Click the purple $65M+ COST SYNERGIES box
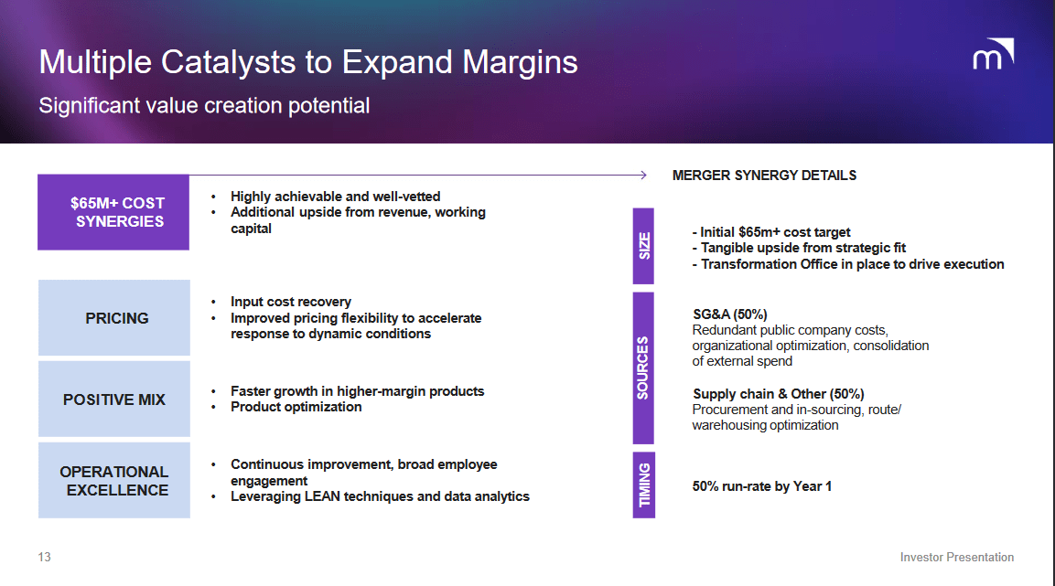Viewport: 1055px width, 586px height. [113, 212]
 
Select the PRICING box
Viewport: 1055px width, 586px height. [114, 318]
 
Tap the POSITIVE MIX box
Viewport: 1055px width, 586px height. [114, 400]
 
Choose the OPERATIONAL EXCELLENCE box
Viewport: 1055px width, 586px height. [114, 481]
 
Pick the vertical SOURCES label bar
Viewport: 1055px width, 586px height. [644, 368]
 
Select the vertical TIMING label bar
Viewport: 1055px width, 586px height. [644, 485]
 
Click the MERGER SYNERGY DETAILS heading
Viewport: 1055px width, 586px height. [764, 176]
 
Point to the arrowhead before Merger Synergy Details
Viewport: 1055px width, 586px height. [642, 175]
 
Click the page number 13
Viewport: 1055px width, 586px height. [45, 557]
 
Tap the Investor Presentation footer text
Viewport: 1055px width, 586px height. [956, 557]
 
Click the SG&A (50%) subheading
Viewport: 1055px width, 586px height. [729, 314]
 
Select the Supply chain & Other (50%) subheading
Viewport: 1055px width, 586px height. [778, 394]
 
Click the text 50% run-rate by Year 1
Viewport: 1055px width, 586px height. [761, 486]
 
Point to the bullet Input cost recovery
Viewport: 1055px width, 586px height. [290, 302]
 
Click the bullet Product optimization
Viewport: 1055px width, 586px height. [296, 407]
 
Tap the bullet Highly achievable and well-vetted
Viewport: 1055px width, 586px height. [335, 197]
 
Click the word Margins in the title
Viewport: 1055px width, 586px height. [519, 62]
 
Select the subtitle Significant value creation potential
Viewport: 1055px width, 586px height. [204, 106]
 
